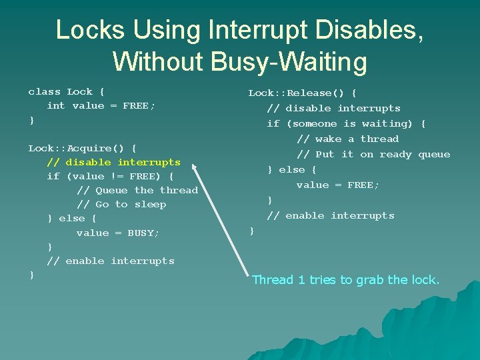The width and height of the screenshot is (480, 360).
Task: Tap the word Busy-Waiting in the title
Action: point(290,61)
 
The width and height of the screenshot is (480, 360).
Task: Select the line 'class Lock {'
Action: point(66,92)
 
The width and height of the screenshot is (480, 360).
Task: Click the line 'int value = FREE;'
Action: point(101,106)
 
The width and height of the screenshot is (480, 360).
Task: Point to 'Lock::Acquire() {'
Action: point(83,148)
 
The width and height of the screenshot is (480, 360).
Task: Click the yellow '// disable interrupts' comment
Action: point(113,162)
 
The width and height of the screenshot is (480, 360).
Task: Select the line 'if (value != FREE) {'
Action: point(110,176)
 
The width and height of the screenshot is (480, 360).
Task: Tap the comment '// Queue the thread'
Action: point(137,190)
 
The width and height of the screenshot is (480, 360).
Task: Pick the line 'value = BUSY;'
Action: point(118,233)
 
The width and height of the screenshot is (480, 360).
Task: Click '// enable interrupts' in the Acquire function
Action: point(110,261)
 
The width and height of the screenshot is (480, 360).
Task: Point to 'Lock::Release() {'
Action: point(303,93)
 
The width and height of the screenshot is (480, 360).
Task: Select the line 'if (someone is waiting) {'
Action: point(346,123)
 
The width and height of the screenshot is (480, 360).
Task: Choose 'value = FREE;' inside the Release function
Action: point(338,185)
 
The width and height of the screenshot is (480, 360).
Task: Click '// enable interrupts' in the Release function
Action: point(331,215)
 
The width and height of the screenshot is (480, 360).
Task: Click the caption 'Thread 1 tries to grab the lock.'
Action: point(345,280)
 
